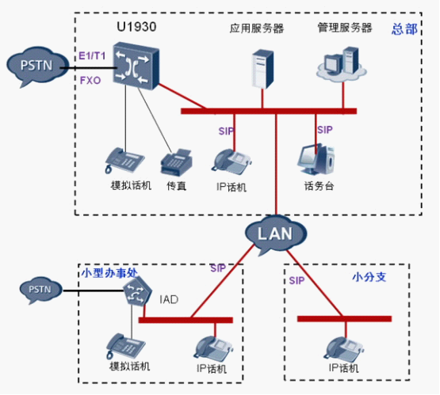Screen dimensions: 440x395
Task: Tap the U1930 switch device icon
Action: [136, 66]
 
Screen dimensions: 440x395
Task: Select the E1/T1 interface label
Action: [92, 55]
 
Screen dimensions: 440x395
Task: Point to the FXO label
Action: [90, 81]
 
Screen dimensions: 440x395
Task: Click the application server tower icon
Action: [262, 69]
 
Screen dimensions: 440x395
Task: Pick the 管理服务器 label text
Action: [345, 28]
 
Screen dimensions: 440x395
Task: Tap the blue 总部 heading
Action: [404, 28]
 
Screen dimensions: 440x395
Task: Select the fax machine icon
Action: [176, 162]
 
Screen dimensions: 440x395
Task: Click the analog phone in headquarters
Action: [124, 160]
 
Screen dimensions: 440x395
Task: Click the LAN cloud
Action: [276, 234]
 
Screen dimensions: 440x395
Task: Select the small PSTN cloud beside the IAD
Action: [40, 290]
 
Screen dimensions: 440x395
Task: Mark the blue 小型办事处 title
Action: [109, 272]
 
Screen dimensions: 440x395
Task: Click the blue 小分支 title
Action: [369, 277]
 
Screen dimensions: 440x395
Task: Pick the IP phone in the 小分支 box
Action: [344, 349]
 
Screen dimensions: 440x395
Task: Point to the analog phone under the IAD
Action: [126, 346]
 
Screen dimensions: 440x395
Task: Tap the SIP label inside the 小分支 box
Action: [297, 280]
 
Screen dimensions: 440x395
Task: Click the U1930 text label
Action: [136, 27]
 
